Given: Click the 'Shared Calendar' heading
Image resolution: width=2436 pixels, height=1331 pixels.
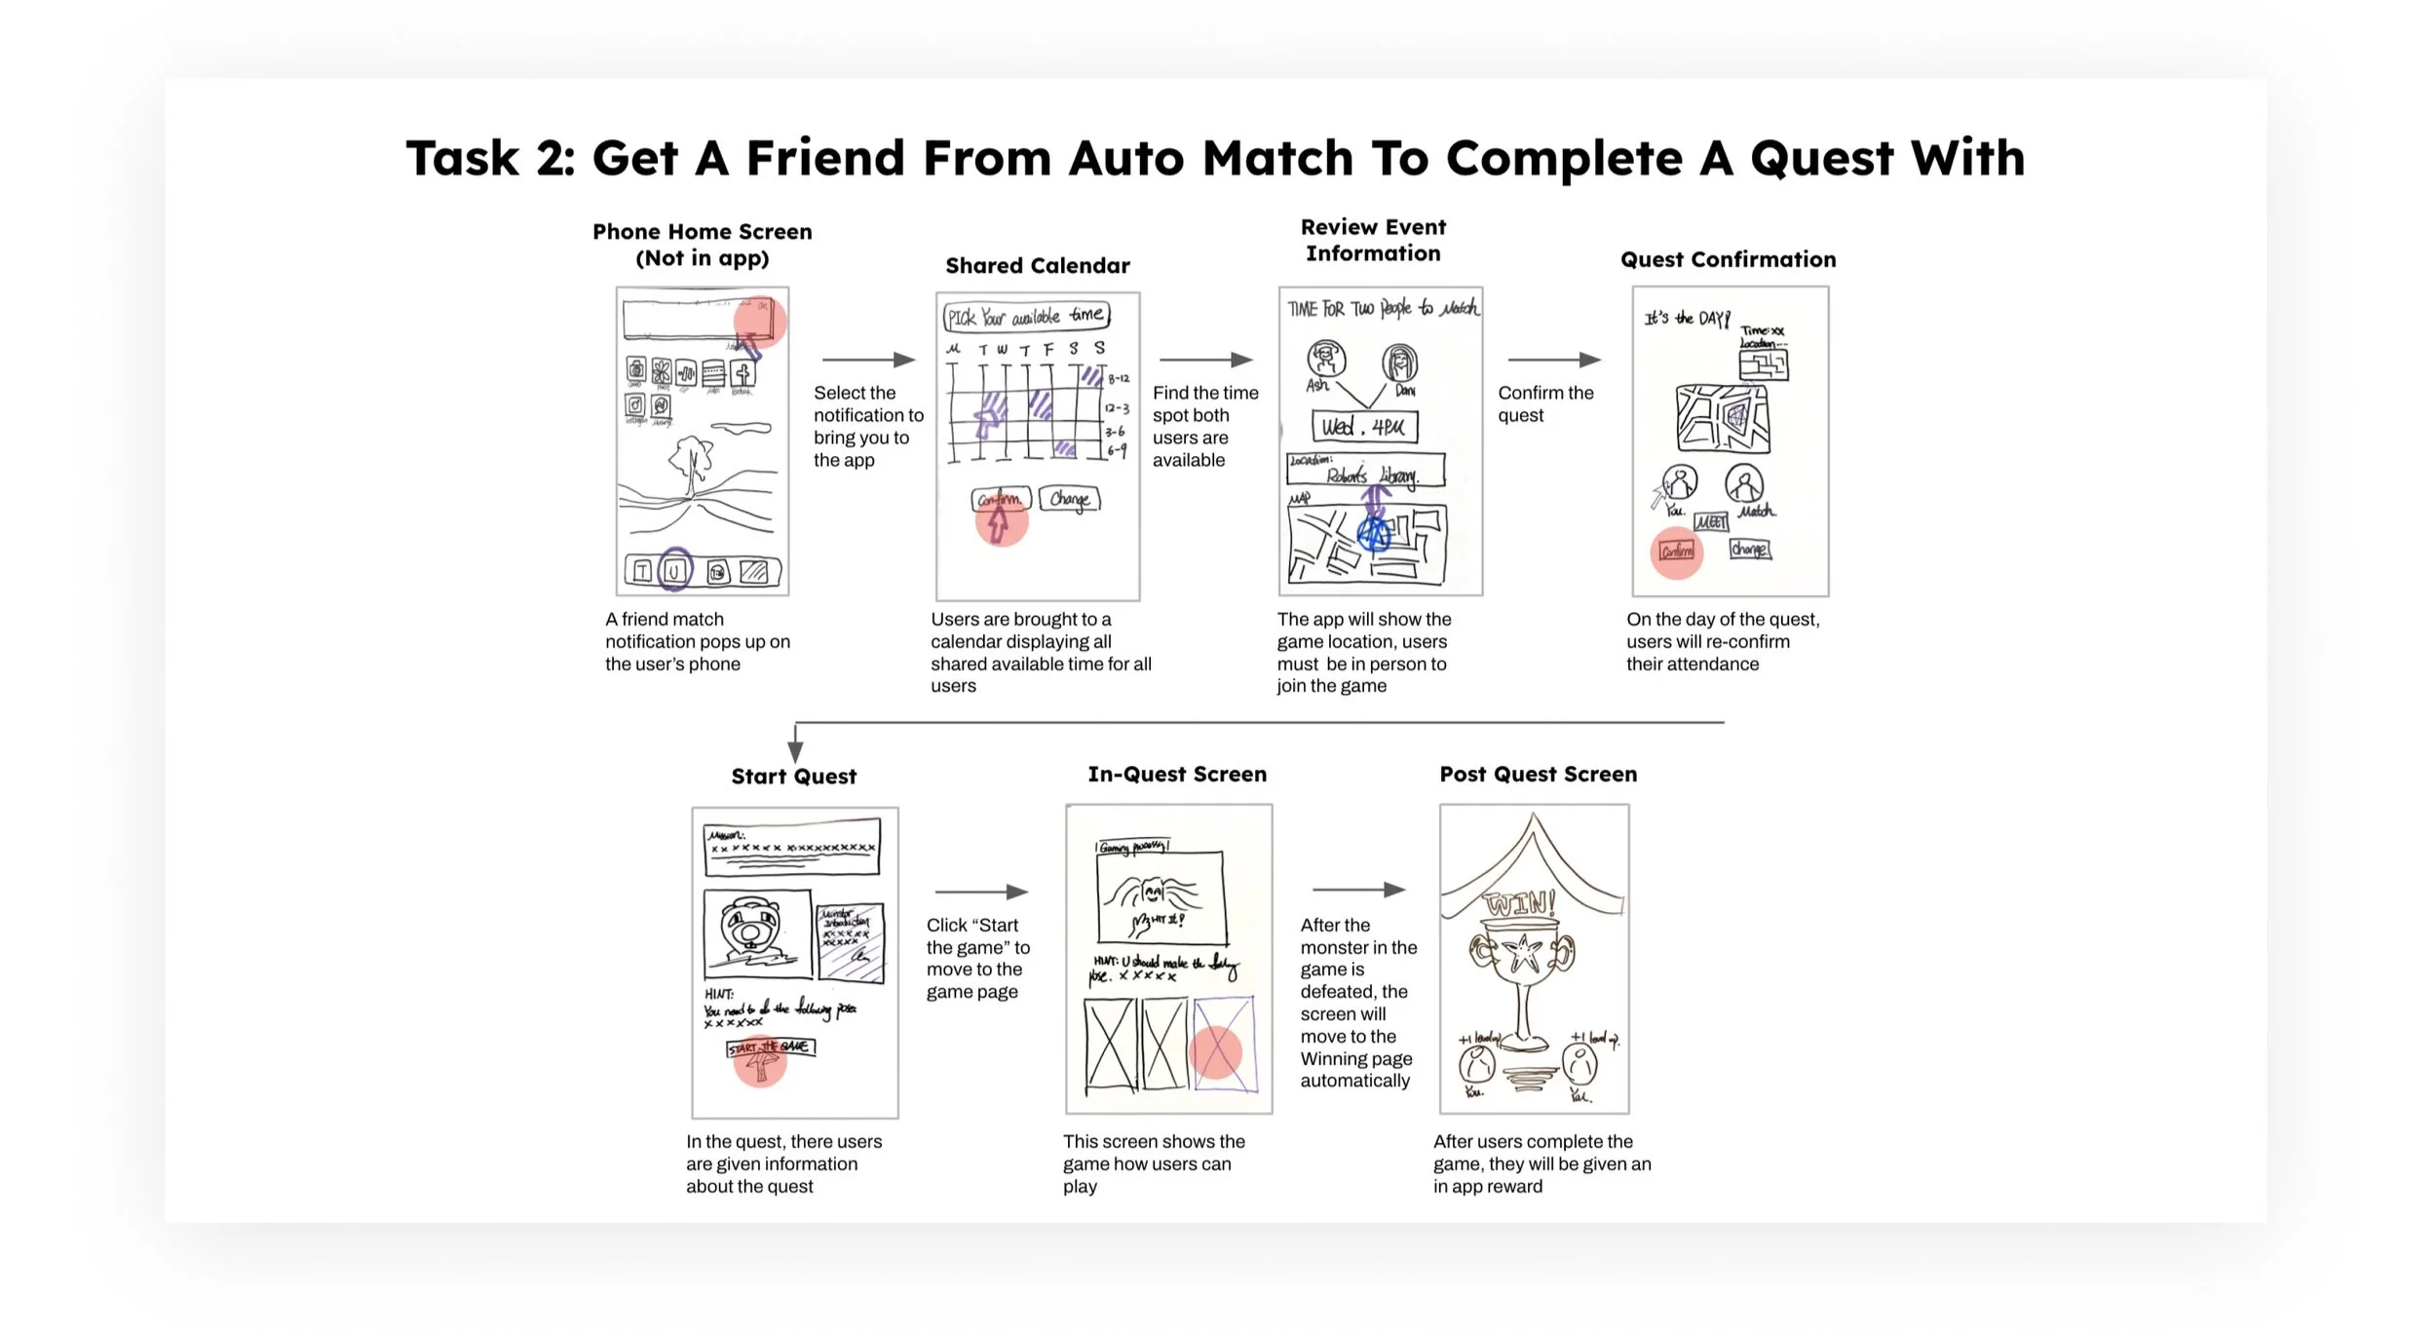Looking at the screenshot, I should pyautogui.click(x=1037, y=266).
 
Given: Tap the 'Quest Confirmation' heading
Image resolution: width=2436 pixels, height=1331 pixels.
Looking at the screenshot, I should pyautogui.click(x=1728, y=259).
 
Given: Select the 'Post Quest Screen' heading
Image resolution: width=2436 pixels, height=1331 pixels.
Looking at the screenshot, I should pyautogui.click(x=1538, y=775).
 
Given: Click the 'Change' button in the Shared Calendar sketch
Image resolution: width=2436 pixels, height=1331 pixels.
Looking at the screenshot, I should pyautogui.click(x=1069, y=499).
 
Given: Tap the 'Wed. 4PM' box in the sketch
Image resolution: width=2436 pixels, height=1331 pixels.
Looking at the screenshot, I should pyautogui.click(x=1364, y=427).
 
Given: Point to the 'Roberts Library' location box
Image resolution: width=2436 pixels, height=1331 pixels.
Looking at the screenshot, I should pyautogui.click(x=1366, y=472).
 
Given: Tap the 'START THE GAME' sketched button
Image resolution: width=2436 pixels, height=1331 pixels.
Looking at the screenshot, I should pyautogui.click(x=771, y=1047).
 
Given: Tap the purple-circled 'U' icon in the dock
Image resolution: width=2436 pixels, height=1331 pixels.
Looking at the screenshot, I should pyautogui.click(x=674, y=571).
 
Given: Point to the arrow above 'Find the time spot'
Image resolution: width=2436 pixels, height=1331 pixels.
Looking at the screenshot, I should pyautogui.click(x=1205, y=360).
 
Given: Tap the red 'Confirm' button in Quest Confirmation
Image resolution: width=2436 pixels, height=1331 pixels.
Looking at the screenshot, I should pyautogui.click(x=1676, y=551).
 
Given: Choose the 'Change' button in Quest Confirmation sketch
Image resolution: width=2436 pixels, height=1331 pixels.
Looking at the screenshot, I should pyautogui.click(x=1749, y=550).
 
